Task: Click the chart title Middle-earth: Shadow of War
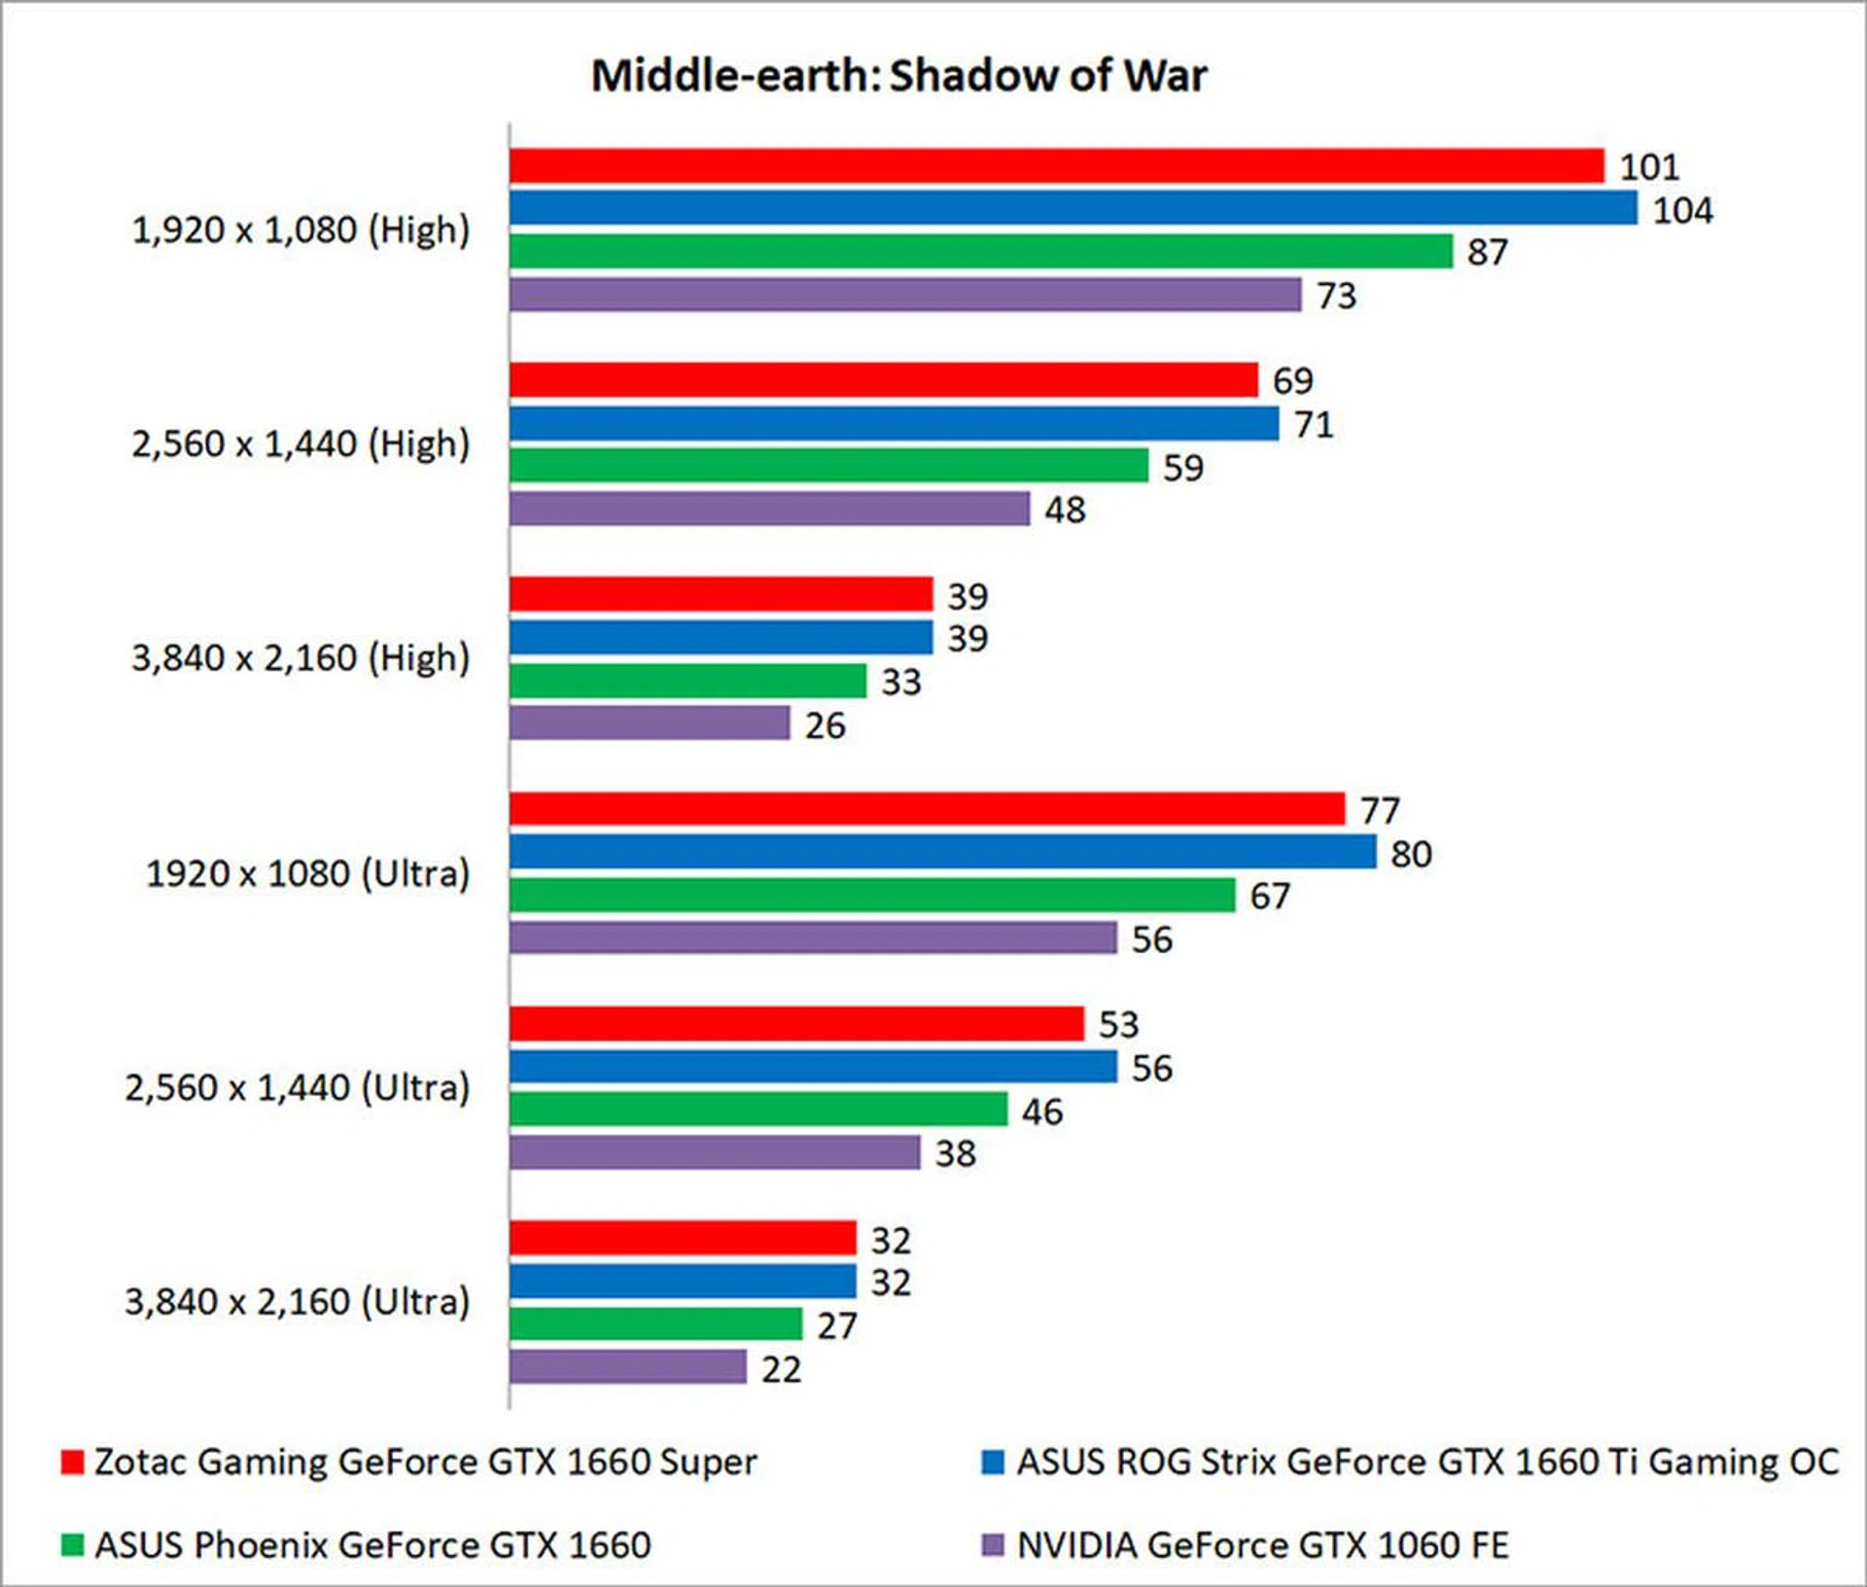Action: coord(898,76)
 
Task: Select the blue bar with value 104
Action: coord(1073,208)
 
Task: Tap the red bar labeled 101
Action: coord(1056,166)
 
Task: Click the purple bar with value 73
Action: coord(904,295)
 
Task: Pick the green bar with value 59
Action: coord(828,466)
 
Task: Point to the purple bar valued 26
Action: coord(650,723)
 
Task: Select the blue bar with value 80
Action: coord(942,852)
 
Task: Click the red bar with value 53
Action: coord(796,1024)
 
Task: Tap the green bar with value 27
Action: coord(655,1324)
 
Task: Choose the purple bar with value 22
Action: coord(628,1367)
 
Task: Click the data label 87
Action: coord(1487,253)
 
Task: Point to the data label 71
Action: coord(1314,425)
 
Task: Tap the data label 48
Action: coord(1065,510)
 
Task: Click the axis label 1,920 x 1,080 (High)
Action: coord(300,230)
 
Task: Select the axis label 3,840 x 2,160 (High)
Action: coord(300,658)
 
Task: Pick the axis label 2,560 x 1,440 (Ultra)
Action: coord(297,1087)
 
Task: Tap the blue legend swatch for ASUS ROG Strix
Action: coord(993,1463)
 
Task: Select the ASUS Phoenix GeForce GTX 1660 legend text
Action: coord(372,1545)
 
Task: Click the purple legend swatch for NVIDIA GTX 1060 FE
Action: coord(993,1545)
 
